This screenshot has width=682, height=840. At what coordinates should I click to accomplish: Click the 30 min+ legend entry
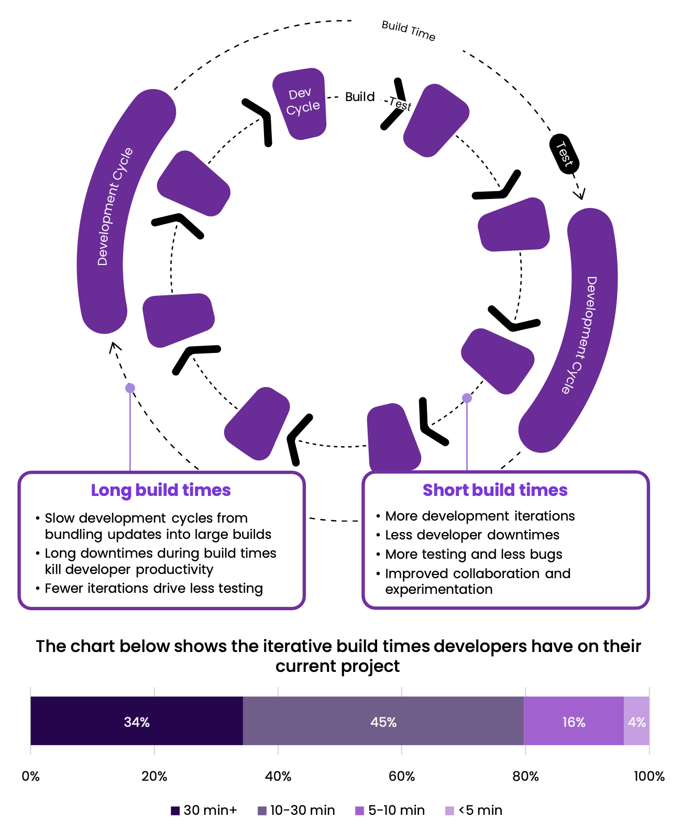pos(204,810)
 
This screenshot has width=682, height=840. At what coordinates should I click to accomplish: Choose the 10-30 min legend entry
pos(296,810)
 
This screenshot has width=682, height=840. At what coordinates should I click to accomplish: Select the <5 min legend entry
pos(474,810)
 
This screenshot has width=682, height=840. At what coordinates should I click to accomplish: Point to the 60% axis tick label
pos(402,776)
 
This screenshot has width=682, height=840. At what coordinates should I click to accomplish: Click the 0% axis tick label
pos(30,776)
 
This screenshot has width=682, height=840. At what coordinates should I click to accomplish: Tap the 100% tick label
pos(649,776)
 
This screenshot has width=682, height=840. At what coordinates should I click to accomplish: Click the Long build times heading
pos(161,490)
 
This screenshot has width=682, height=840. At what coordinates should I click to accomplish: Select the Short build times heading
pos(495,490)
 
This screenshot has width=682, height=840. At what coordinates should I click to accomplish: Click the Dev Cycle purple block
pos(301,103)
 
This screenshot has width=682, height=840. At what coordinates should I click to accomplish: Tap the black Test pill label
pos(564,153)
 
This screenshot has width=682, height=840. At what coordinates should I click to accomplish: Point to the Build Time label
pos(409,30)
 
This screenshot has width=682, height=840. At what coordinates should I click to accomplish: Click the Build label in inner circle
pos(360,97)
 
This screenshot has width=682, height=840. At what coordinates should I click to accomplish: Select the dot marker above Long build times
pos(130,388)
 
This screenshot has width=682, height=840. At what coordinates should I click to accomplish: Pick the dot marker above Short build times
pos(467,398)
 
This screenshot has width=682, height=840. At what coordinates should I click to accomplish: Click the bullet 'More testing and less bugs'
pos(474,554)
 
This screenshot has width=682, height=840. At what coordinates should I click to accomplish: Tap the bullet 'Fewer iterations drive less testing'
pos(153,588)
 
